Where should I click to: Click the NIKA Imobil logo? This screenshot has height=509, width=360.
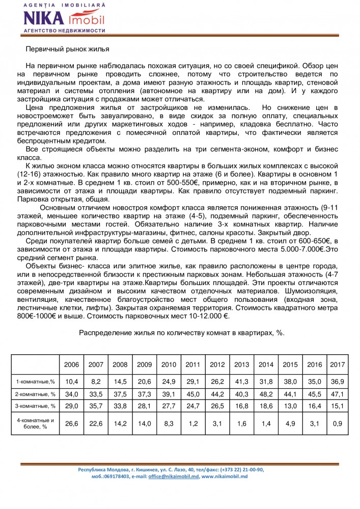pos(64,18)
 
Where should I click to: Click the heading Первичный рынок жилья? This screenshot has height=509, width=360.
pos(68,49)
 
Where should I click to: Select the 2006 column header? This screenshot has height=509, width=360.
pos(71,364)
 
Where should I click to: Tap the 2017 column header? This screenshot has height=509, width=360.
pos(337,364)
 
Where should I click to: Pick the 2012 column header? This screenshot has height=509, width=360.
pos(217,364)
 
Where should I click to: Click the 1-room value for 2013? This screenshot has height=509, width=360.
pos(241,381)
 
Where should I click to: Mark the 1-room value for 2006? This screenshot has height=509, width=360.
pos(71,381)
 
